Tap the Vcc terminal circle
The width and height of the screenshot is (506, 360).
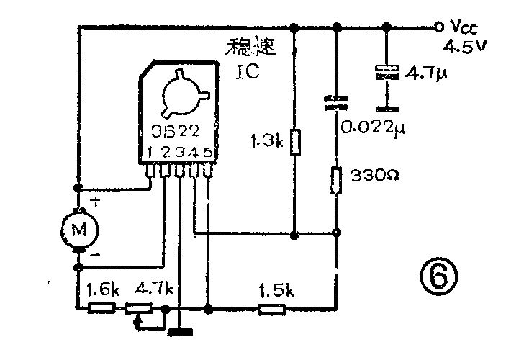tap(438, 27)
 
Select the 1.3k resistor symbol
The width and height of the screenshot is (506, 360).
tap(294, 143)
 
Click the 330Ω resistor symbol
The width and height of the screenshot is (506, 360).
tap(336, 180)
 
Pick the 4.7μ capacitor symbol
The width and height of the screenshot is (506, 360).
tap(387, 71)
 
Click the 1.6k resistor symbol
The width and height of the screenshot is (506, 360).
tap(101, 308)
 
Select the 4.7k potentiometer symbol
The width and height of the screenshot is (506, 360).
tap(138, 309)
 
